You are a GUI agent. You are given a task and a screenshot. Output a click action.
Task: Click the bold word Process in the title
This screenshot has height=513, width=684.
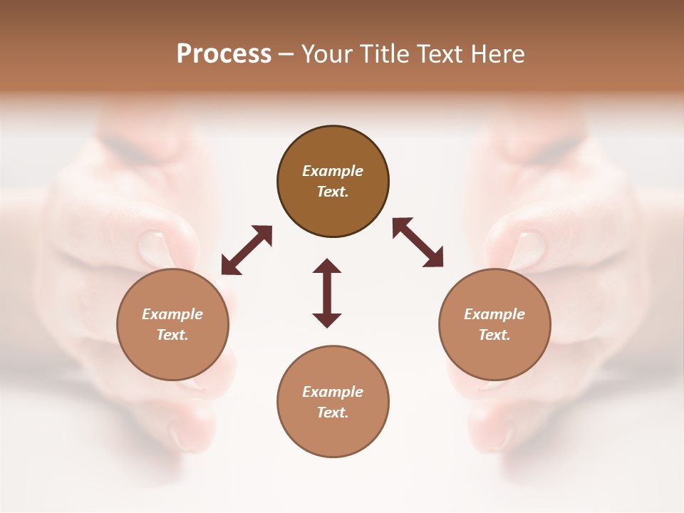point(224,54)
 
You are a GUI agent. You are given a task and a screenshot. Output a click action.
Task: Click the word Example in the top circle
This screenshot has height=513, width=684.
point(333,171)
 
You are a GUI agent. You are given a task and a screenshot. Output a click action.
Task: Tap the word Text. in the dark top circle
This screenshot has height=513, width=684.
point(333,192)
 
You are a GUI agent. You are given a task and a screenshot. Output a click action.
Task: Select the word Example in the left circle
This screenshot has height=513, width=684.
point(172,314)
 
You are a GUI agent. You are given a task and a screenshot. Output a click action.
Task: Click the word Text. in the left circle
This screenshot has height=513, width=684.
point(172,335)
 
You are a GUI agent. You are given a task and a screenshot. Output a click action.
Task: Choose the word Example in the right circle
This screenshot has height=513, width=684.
point(494,314)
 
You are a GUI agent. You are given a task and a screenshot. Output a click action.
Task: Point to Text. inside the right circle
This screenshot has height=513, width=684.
point(494,335)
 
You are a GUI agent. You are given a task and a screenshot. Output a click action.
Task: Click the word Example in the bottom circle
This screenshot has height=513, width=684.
point(333,392)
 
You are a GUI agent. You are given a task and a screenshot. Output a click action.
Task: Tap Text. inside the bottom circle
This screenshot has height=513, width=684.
point(333,413)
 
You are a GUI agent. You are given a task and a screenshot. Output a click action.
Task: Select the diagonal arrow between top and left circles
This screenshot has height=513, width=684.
point(247,250)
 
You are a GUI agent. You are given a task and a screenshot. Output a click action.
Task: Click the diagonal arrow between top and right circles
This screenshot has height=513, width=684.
point(418,243)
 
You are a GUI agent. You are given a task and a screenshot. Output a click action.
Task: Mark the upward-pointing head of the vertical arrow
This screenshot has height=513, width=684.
point(327,266)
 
